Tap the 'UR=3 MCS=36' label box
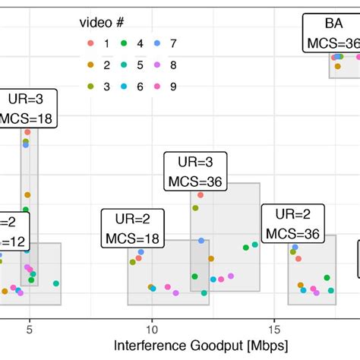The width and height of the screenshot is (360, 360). [x=193, y=172]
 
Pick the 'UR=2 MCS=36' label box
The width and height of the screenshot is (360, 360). [x=292, y=223]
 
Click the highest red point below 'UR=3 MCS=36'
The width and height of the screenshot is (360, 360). [x=198, y=194]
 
